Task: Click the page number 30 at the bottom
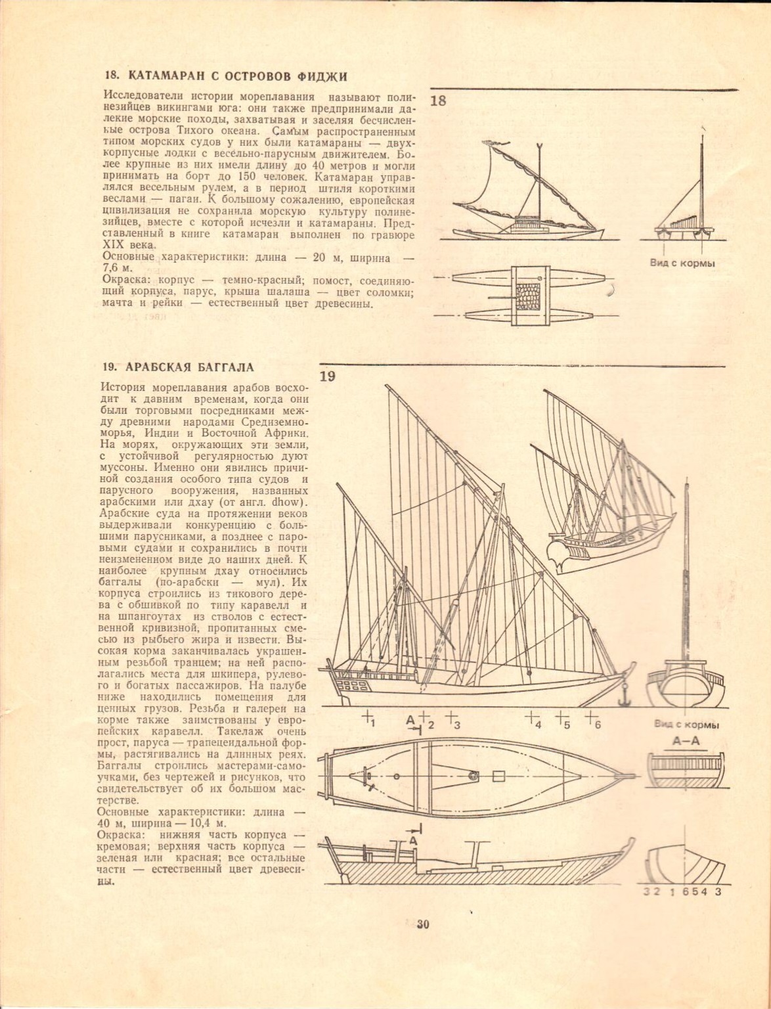coord(422,924)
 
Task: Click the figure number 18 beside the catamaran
coord(438,101)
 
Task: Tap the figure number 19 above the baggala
coord(328,376)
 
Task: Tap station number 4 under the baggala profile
coord(538,725)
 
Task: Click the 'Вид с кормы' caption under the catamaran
coord(682,263)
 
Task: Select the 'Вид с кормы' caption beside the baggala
coord(686,725)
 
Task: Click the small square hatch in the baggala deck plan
coord(498,776)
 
